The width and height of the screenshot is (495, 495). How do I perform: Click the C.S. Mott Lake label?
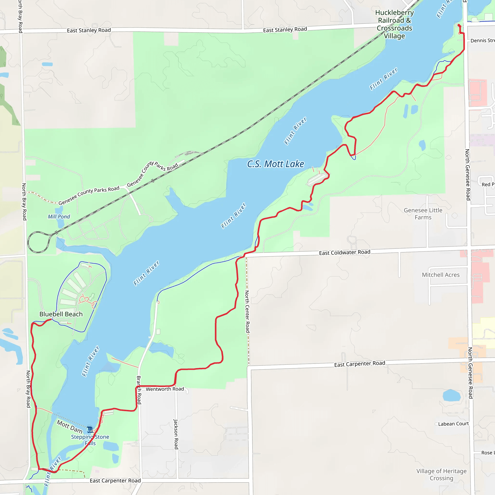276,164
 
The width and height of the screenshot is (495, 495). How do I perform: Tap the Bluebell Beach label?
61,314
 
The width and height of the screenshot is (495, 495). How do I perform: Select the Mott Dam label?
69,427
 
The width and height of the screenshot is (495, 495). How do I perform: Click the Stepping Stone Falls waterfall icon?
90,429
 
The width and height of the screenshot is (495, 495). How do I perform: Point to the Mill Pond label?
59,217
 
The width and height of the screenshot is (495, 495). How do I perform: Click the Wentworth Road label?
165,389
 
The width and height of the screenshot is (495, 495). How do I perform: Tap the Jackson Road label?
176,434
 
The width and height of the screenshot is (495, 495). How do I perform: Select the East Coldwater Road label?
344,253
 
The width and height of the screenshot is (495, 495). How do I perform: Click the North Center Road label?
247,311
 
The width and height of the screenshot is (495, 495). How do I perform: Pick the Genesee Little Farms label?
423,214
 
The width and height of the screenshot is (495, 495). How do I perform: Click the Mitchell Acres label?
441,275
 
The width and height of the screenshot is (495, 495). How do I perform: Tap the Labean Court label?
453,424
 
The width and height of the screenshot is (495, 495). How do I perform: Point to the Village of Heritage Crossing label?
441,474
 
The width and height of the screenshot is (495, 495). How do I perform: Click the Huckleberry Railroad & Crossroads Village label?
394,24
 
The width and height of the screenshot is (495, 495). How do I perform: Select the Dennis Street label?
482,40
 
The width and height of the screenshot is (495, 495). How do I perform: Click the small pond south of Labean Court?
451,395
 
